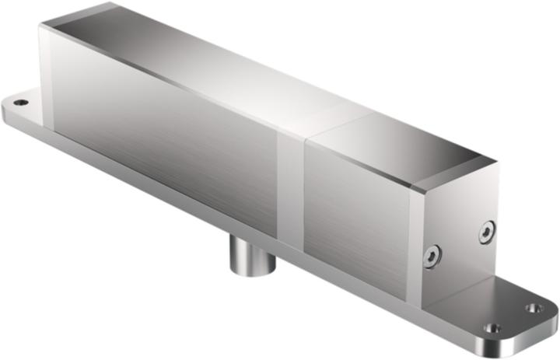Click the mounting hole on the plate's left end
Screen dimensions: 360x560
[x=21, y=102]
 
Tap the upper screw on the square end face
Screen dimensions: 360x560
[x=486, y=231]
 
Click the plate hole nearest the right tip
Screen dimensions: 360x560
[x=534, y=309]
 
